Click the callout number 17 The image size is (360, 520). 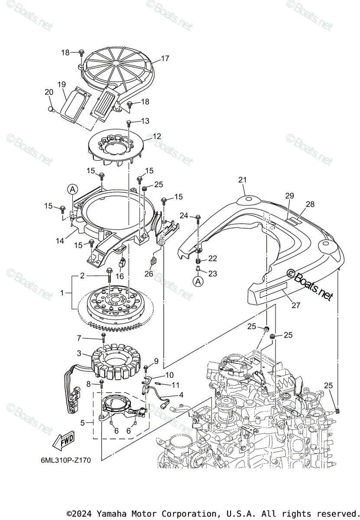165,58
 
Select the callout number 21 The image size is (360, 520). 242,179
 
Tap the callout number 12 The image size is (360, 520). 156,136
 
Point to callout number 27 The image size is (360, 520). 295,305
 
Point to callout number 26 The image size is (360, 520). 149,273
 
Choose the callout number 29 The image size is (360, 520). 289,196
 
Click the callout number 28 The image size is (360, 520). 310,204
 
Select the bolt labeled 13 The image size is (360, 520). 129,123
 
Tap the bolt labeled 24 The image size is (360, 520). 198,217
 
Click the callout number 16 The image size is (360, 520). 120,276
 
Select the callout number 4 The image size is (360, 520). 181,395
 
